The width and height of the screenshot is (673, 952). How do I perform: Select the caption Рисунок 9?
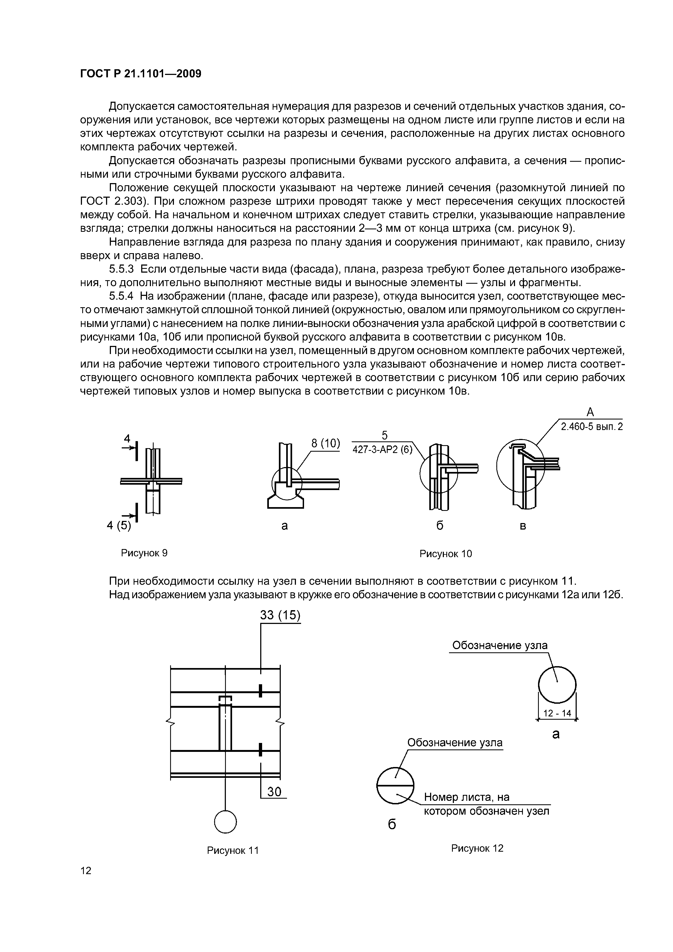tap(144, 553)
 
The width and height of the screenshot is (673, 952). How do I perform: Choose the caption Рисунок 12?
tap(477, 848)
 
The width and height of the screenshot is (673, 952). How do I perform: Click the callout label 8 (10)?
tap(325, 443)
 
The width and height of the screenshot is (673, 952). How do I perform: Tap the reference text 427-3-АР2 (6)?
tap(382, 450)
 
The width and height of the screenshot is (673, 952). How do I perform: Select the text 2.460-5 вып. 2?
tap(592, 427)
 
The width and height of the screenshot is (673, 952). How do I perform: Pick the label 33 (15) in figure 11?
tap(280, 615)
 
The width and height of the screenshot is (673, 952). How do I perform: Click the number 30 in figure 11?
tap(274, 792)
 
